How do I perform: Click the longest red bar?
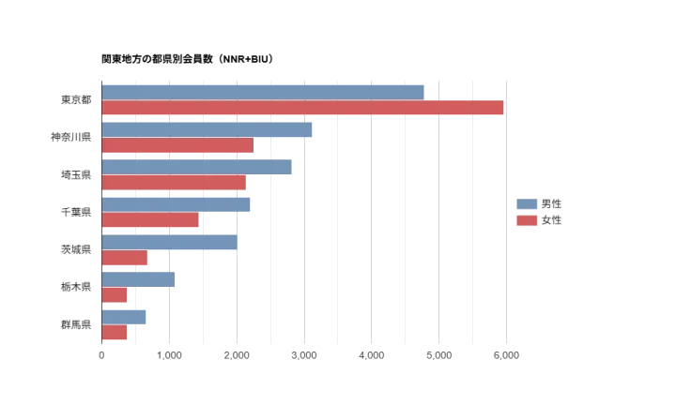[x=302, y=109]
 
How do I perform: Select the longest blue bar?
[x=264, y=92]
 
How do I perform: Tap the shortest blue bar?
[x=125, y=317]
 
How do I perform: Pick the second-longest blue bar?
[x=207, y=129]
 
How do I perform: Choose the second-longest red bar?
[x=177, y=146]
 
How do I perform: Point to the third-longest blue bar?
[x=196, y=167]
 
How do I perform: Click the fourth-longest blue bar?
[x=177, y=204]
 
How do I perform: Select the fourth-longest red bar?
[x=151, y=221]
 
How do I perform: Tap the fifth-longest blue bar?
[x=170, y=242]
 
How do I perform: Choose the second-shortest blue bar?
[x=140, y=279]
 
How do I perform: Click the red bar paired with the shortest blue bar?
[x=114, y=334]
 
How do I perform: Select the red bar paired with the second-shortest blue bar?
[x=114, y=296]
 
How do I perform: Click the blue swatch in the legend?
[x=528, y=203]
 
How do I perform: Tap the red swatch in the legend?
[x=528, y=220]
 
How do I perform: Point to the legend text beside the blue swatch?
[x=552, y=203]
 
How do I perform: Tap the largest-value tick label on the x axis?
[x=506, y=354]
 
